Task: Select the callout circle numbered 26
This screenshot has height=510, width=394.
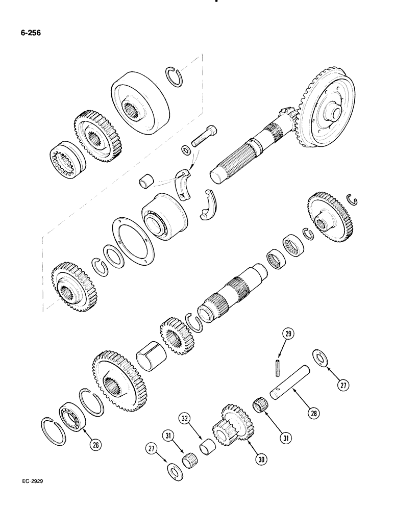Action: tap(95, 444)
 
